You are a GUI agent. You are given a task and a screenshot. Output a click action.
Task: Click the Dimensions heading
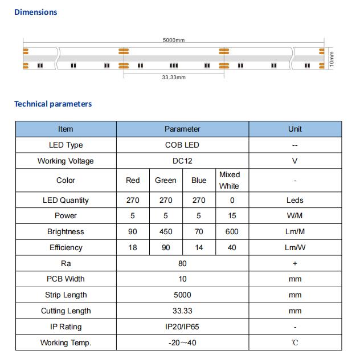coord(35,12)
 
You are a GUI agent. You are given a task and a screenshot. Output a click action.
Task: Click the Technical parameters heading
coord(52,104)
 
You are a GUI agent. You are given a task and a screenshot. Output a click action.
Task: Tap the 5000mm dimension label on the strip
coord(174,40)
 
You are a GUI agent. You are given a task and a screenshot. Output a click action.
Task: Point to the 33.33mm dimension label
coord(174,78)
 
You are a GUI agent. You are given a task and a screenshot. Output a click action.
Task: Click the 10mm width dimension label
coord(333,59)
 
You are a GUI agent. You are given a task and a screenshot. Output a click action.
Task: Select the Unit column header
coord(294,129)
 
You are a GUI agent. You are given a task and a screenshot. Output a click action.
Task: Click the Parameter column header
coord(182,129)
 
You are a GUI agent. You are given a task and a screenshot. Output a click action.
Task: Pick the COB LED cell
coord(182,145)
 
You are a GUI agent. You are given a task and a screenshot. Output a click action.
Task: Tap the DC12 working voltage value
coord(182,161)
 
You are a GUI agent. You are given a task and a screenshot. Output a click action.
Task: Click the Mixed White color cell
coord(230,180)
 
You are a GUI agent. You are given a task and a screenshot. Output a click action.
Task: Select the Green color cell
coord(166,181)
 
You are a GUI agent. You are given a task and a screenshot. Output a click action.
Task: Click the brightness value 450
coord(166,232)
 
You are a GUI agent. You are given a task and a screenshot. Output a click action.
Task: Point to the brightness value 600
coord(231,232)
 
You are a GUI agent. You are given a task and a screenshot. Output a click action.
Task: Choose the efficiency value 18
coord(132,248)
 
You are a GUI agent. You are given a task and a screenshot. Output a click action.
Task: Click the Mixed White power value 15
coord(231,216)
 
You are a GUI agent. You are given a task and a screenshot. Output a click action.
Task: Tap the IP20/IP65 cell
coord(182,327)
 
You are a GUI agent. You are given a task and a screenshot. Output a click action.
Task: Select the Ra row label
coord(66,264)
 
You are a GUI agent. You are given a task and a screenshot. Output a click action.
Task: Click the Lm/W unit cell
coord(294,248)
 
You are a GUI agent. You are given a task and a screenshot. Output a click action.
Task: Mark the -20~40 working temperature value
coord(182,343)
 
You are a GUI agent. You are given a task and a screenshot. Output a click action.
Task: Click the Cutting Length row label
coord(66,311)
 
